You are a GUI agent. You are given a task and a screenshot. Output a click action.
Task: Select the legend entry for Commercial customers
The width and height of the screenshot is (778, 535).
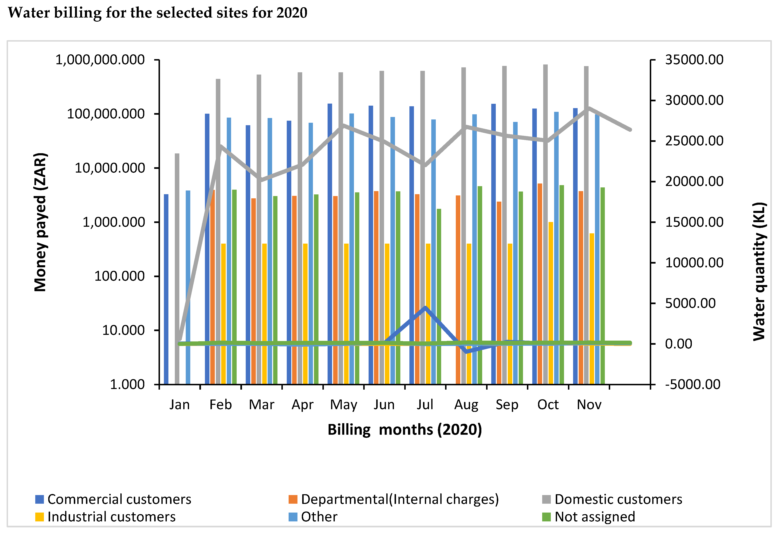[113, 499]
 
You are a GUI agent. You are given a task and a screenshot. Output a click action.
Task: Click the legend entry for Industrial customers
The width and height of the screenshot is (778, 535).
[105, 516]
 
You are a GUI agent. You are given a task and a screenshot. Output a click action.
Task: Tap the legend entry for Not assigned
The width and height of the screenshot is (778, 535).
[589, 516]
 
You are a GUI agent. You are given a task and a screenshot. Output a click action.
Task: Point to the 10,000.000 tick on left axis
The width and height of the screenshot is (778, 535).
[109, 168]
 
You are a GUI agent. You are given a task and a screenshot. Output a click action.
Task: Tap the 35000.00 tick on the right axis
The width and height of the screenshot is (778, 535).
[694, 60]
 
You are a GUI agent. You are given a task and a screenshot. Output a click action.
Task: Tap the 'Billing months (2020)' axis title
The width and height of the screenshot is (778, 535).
[405, 429]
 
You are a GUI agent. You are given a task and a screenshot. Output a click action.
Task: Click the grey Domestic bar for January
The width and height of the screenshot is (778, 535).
[177, 268]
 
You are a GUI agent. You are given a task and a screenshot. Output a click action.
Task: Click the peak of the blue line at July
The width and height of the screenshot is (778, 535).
[425, 307]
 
